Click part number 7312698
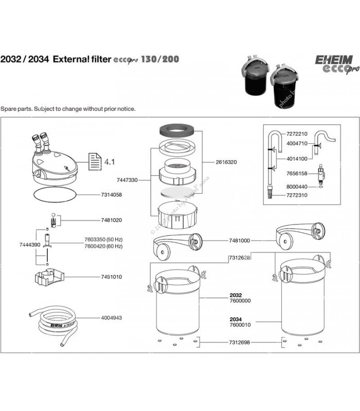[239, 342]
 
